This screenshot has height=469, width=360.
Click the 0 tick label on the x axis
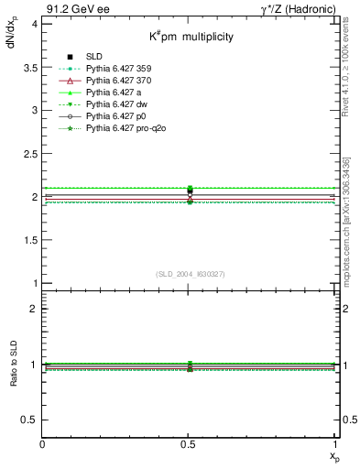click(43, 444)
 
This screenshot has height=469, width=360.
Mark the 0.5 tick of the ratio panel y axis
click(31, 420)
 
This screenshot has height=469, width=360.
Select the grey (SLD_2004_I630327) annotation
click(190, 274)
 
